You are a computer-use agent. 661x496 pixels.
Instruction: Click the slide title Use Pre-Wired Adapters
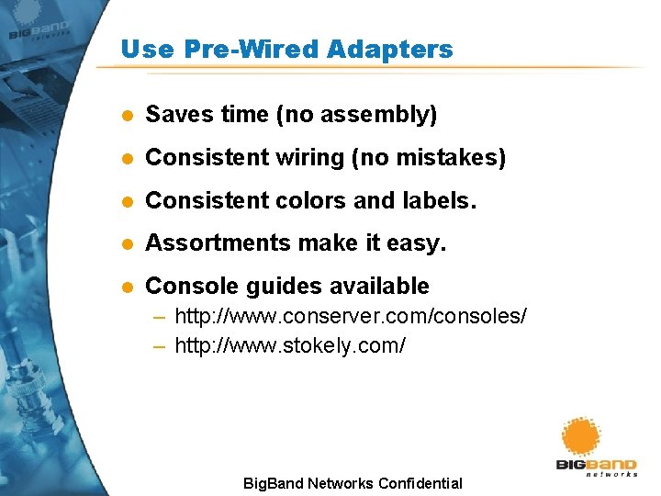click(x=286, y=49)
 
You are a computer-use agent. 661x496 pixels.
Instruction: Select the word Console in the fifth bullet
click(x=187, y=286)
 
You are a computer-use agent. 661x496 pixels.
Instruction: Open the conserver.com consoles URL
click(x=351, y=317)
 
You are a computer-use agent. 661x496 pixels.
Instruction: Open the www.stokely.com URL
click(x=290, y=346)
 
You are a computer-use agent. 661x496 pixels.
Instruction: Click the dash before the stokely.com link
click(x=160, y=346)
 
